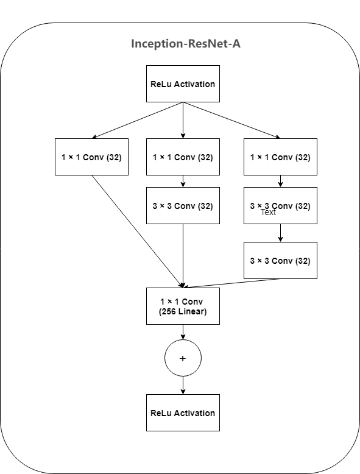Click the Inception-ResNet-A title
(x=182, y=44)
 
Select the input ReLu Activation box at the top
(x=183, y=84)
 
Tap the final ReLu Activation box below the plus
(x=183, y=413)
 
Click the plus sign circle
(x=183, y=358)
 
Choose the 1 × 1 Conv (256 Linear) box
(x=183, y=306)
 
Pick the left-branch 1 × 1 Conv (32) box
(x=91, y=157)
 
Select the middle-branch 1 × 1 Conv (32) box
(x=183, y=157)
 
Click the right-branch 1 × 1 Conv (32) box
(x=280, y=157)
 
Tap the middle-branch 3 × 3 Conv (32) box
(x=183, y=206)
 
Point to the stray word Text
(x=268, y=213)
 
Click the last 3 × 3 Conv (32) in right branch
(x=280, y=261)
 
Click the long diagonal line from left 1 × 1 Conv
(x=137, y=231)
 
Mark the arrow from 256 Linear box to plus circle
(x=183, y=332)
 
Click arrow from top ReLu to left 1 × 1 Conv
(x=137, y=121)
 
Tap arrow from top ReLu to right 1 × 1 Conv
(x=231, y=121)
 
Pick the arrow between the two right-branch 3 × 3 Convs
(x=280, y=233)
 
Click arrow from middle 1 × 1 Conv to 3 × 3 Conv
(x=183, y=181)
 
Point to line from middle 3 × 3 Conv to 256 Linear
(x=183, y=256)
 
